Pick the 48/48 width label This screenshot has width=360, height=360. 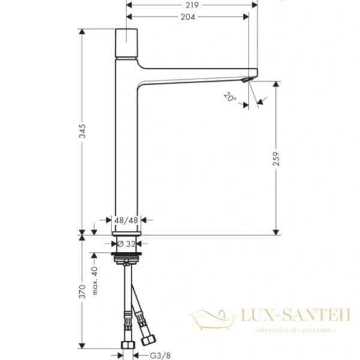[x=127, y=220]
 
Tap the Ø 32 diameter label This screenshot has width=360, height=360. [x=127, y=244]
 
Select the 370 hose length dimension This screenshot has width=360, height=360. [x=82, y=291]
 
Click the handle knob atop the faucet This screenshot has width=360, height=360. [x=127, y=41]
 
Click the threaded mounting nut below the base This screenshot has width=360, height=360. [x=127, y=259]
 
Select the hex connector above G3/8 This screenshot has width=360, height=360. [x=127, y=345]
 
